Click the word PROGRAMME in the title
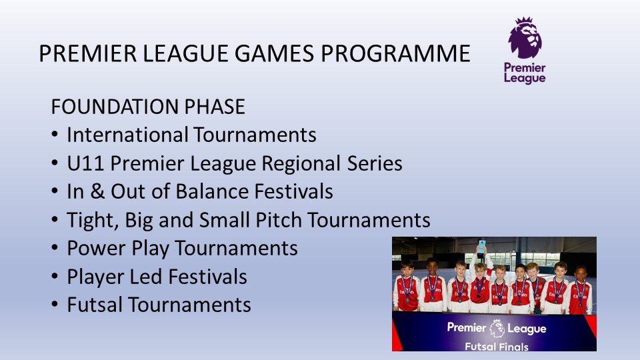click(x=395, y=53)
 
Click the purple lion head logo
click(x=525, y=37)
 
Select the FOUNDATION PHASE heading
click(x=148, y=107)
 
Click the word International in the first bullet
click(x=127, y=135)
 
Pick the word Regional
click(x=301, y=163)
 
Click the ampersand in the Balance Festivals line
click(x=97, y=191)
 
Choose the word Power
click(x=96, y=248)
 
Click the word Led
click(x=146, y=276)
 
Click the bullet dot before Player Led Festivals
click(x=55, y=276)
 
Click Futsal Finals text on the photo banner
click(x=496, y=347)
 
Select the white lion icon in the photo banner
click(x=497, y=328)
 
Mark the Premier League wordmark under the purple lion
click(x=525, y=73)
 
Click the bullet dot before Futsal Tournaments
click(x=55, y=305)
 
